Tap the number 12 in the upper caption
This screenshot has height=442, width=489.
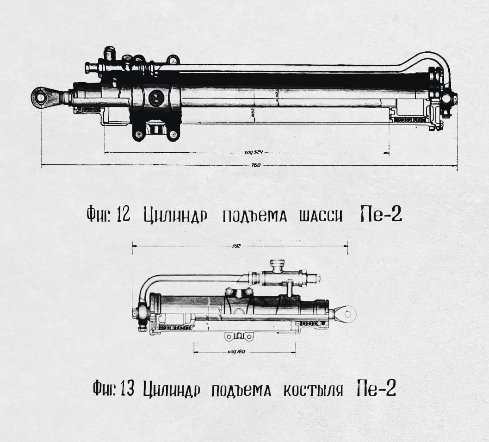click(123, 215)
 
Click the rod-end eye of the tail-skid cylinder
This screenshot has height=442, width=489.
click(345, 314)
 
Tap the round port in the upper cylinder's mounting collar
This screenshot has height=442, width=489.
click(156, 97)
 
